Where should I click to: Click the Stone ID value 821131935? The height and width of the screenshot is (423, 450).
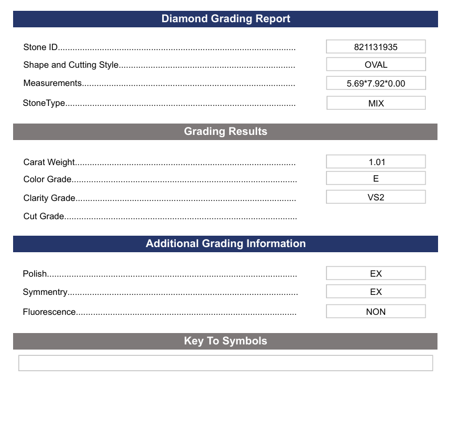pos(375,47)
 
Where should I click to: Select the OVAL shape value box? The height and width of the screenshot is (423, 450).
pos(375,64)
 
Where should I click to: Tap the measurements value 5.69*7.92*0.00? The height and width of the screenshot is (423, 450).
pos(375,83)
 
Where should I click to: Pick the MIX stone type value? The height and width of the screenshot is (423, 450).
pos(375,103)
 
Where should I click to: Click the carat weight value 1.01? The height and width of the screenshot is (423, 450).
pos(375,162)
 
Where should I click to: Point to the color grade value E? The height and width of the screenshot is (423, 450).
pos(375,178)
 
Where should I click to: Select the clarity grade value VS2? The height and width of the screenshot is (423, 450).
pos(375,197)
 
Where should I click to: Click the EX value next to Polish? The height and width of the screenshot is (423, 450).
pos(375,273)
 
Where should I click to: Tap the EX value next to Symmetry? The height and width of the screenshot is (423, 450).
pos(375,291)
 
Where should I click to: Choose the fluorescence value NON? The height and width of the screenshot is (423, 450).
pos(375,311)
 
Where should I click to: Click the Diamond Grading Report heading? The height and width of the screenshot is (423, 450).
pos(226,19)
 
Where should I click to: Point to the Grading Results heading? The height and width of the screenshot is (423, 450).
pos(225,132)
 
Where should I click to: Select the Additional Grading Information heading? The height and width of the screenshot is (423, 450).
pos(226,244)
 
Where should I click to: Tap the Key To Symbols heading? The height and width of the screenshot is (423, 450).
pos(225,341)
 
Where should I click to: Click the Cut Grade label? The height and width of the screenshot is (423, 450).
pos(44,216)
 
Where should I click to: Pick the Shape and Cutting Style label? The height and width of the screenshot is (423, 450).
pos(71,65)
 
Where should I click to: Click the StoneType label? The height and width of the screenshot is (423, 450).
pos(44,103)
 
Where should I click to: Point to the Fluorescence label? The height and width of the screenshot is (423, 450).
pos(49,312)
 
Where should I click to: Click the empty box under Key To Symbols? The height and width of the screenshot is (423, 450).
pos(225,363)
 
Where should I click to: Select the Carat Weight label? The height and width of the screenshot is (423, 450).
pos(49,162)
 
